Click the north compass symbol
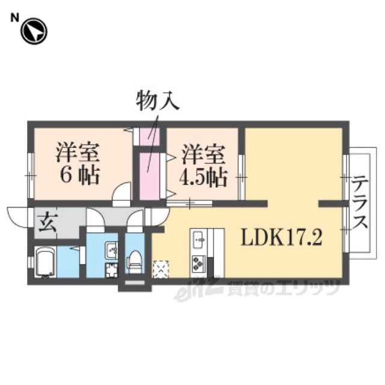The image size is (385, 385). pyautogui.click(x=34, y=31)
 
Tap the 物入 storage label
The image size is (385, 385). pyautogui.click(x=158, y=100)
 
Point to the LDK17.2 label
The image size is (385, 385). pyautogui.click(x=282, y=238)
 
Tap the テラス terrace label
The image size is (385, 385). pyautogui.click(x=360, y=203)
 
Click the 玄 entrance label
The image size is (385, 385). pyautogui.click(x=48, y=223)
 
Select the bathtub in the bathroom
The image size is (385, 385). pyautogui.click(x=46, y=262)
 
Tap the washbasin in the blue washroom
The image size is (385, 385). pyautogui.click(x=111, y=250)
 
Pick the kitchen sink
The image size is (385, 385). pyautogui.click(x=199, y=241)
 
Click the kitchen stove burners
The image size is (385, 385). pyautogui.click(x=199, y=263)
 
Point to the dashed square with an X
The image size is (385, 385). pyautogui.click(x=161, y=269)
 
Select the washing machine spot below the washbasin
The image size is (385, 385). pyautogui.click(x=111, y=270)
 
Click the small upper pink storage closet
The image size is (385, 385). pyautogui.click(x=150, y=137)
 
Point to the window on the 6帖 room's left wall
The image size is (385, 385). pyautogui.click(x=31, y=176)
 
